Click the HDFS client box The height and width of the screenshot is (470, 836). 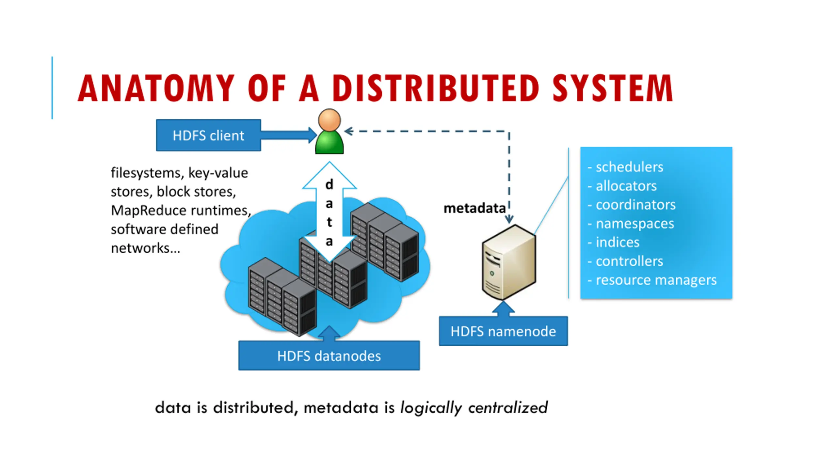pos(208,135)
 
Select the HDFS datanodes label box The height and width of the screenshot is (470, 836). pos(329,355)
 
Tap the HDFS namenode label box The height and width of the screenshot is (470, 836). pos(503,331)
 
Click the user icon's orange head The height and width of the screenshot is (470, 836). pos(329,120)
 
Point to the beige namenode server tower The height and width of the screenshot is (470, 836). pos(509,262)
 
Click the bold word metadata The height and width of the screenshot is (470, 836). pos(474,208)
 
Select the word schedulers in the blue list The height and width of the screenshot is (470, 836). pos(629,167)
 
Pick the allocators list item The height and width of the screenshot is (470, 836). pos(626,186)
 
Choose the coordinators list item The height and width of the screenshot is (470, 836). pos(635,205)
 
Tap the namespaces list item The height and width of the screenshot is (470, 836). pos(635,224)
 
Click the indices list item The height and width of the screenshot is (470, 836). pos(618,243)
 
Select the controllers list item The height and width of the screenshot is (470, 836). pos(629,261)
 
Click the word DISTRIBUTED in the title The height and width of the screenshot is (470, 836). pos(436,88)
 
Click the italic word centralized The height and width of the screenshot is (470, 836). pos(508,408)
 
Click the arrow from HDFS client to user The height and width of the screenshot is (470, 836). pos(289,135)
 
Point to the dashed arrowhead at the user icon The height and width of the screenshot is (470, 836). pos(348,131)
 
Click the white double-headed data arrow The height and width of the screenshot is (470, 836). pos(329,212)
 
